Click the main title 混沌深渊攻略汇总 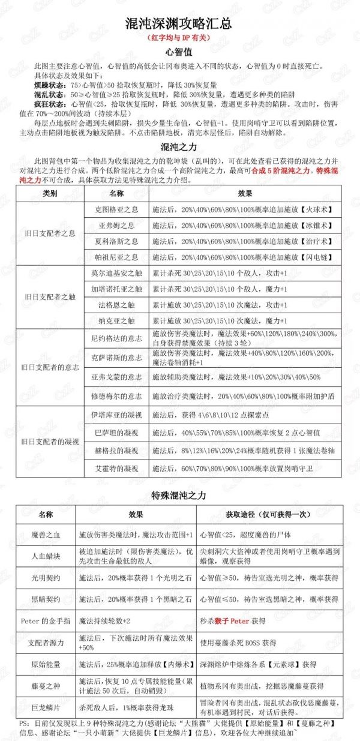[180, 25]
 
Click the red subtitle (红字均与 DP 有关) [180, 38]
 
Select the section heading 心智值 [180, 52]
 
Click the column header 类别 [50, 194]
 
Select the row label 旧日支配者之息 [50, 233]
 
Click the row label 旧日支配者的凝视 [50, 442]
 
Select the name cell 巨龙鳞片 [46, 706]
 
